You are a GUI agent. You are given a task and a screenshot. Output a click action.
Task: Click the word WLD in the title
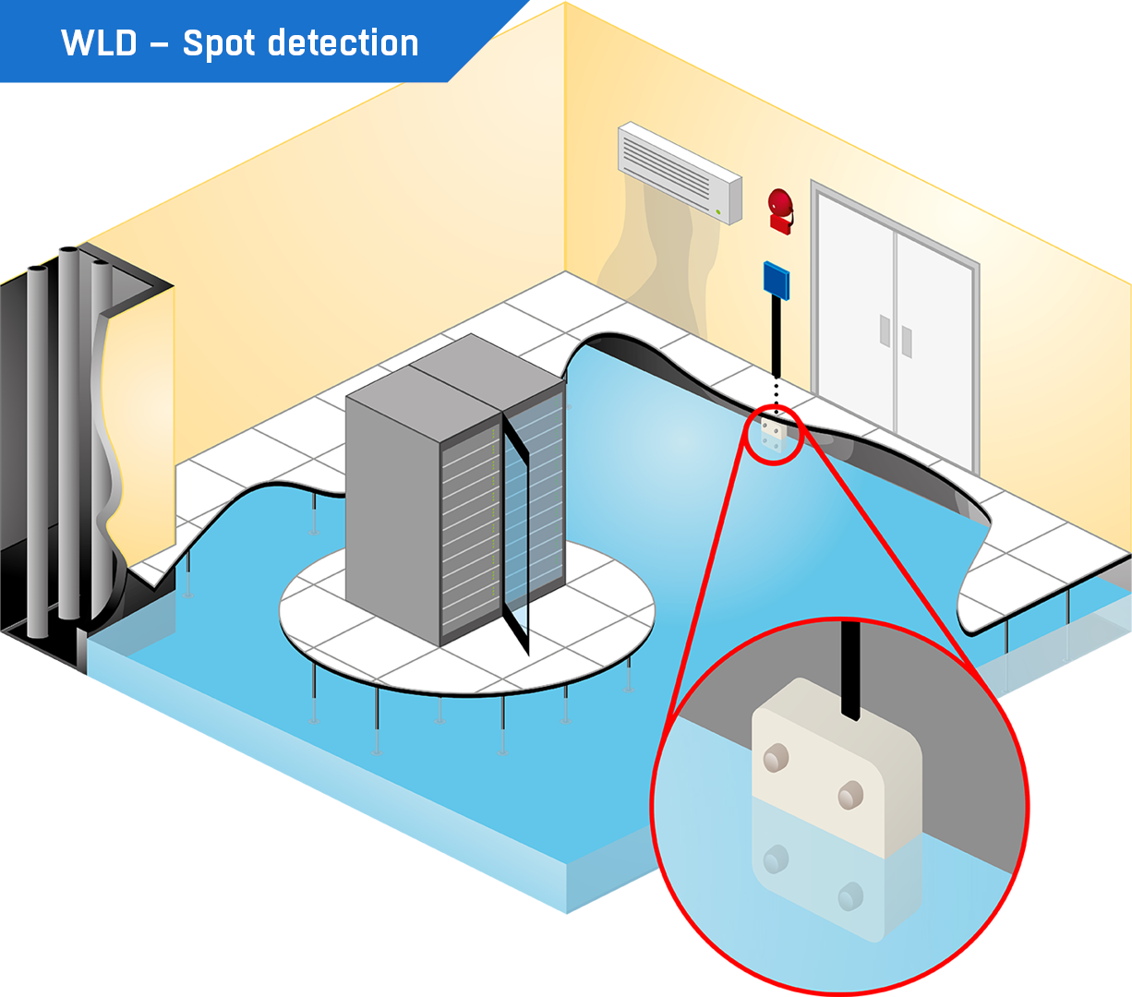pos(98,43)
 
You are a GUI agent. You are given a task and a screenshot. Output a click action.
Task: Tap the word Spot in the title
pos(219,44)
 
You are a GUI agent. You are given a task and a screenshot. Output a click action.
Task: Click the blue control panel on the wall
pos(777,279)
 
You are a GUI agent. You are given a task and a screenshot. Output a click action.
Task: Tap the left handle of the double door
pos(885,330)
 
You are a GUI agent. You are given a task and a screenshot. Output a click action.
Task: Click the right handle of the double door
pos(907,342)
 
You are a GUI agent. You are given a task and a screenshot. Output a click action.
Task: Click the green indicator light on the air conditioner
pos(718,211)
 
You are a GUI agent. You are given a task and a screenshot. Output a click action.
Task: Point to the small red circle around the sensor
pos(775,434)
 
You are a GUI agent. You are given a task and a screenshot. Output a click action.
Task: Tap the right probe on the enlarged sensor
pos(849,794)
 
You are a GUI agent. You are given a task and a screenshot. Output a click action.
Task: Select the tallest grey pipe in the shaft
pos(69,434)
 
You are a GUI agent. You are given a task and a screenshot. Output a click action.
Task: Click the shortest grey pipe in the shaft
pos(37,452)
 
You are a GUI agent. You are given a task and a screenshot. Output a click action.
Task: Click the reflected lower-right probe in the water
pos(849,895)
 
